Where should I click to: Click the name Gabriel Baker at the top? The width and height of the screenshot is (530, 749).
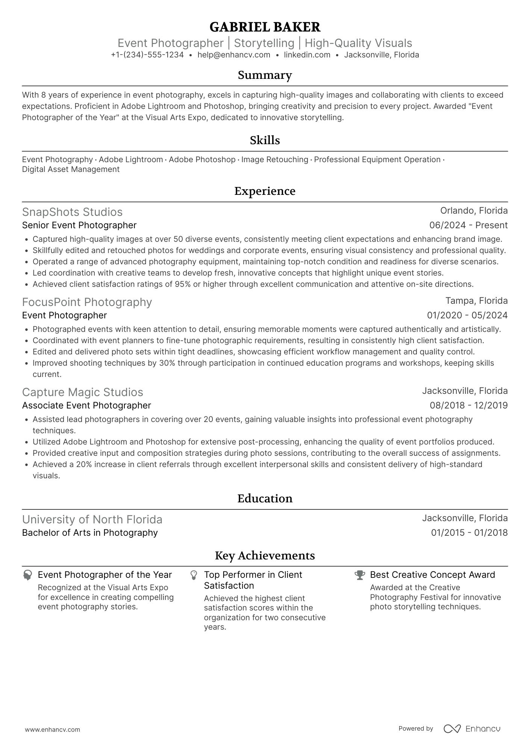click(x=265, y=27)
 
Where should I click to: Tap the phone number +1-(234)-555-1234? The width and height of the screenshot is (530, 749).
click(x=147, y=55)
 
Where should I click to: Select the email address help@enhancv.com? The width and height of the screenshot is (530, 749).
click(x=234, y=55)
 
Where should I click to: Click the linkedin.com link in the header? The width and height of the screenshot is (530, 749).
click(x=307, y=55)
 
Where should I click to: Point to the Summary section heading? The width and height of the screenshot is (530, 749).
click(x=265, y=75)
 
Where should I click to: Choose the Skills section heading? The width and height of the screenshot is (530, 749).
click(x=265, y=140)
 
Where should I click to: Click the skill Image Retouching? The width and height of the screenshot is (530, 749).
click(x=274, y=160)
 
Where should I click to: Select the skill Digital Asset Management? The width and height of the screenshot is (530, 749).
click(x=71, y=169)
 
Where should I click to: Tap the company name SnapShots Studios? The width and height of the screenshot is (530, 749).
click(x=72, y=212)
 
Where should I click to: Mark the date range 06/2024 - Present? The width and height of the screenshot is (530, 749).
click(x=468, y=225)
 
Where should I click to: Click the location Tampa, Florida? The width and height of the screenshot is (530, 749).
click(x=476, y=301)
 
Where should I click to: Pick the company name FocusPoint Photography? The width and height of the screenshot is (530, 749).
click(x=87, y=302)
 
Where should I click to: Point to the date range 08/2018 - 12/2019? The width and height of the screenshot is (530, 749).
click(x=468, y=405)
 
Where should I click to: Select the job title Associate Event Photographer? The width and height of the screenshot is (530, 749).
click(x=86, y=405)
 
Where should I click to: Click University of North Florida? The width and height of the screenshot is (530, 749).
click(x=92, y=520)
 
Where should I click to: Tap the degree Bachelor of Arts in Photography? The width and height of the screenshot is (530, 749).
click(x=90, y=533)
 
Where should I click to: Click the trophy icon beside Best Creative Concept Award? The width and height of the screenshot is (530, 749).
click(x=360, y=575)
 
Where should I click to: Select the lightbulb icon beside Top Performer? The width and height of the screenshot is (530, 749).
click(x=194, y=575)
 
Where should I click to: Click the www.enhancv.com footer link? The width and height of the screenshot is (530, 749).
click(x=52, y=730)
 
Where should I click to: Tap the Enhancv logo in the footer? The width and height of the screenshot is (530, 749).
click(x=472, y=729)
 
